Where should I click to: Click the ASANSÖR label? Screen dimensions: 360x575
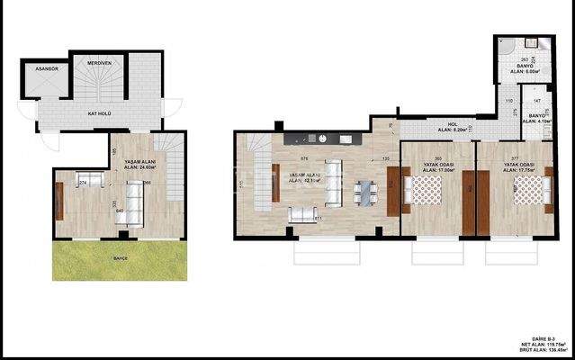40,68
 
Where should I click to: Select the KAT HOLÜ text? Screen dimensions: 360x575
99,114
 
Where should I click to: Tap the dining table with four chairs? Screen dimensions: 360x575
365,193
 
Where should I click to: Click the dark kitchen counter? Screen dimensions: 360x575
323,139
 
